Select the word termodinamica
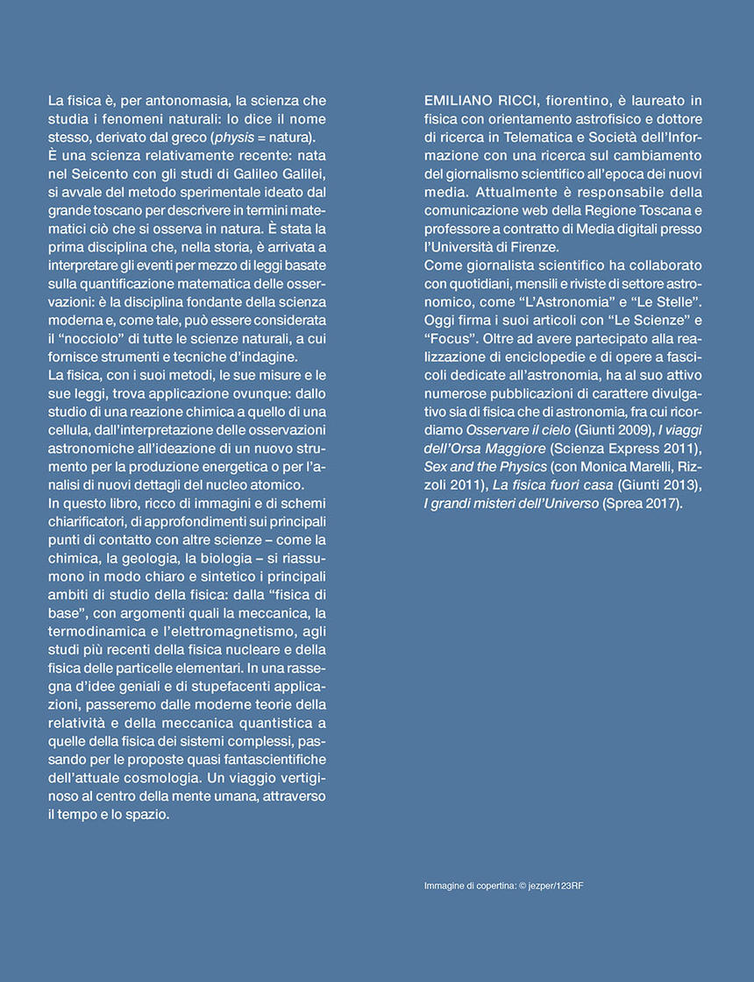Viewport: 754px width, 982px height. point(95,632)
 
